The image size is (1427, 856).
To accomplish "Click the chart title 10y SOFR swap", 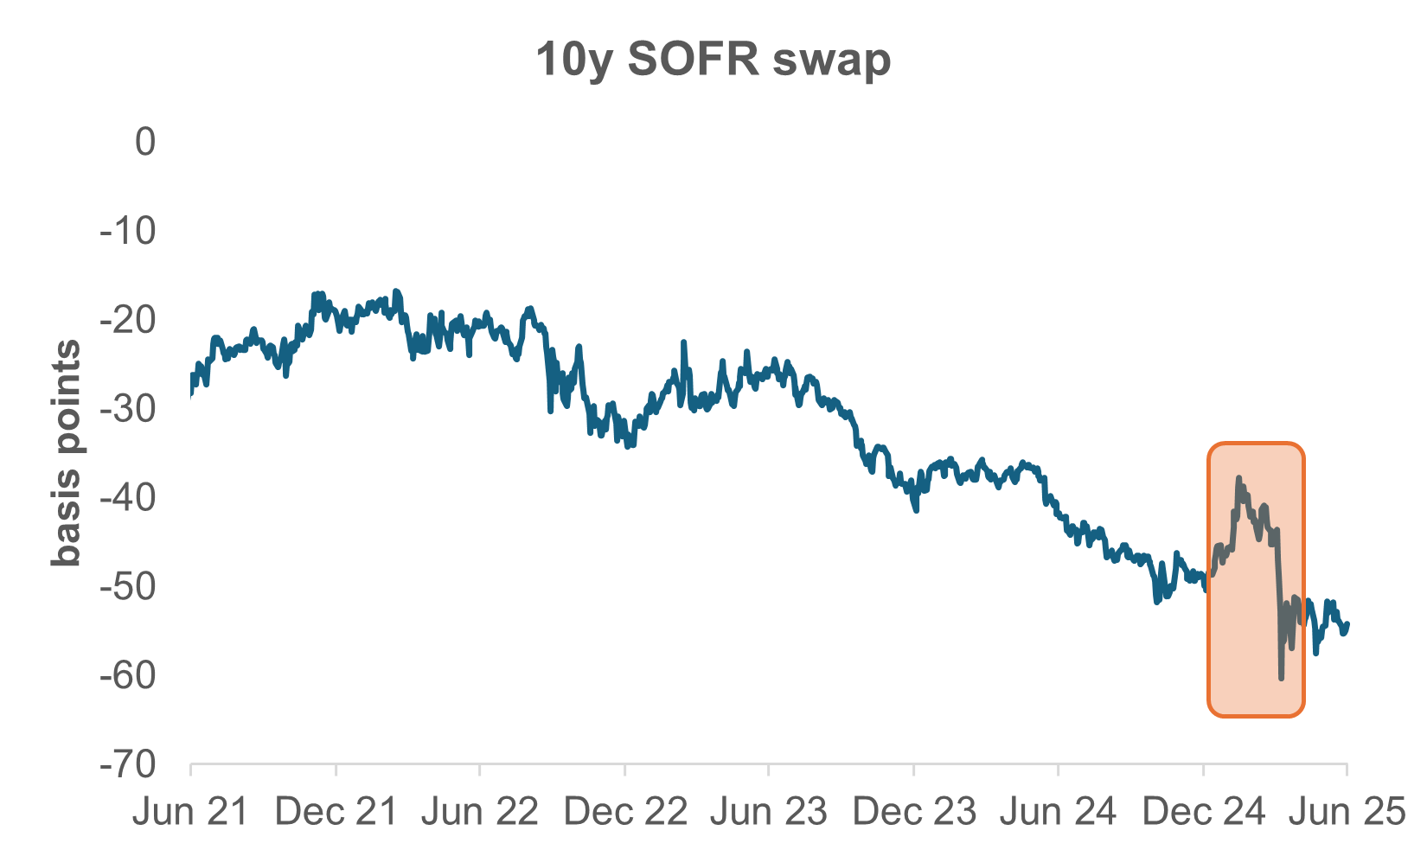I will point(713,60).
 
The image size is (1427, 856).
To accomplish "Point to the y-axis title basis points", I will point(66,453).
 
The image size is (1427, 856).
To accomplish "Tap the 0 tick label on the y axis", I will point(144,142).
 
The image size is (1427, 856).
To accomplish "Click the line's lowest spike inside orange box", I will point(1281,678).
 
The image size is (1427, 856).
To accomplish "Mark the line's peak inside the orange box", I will point(1238,478).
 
